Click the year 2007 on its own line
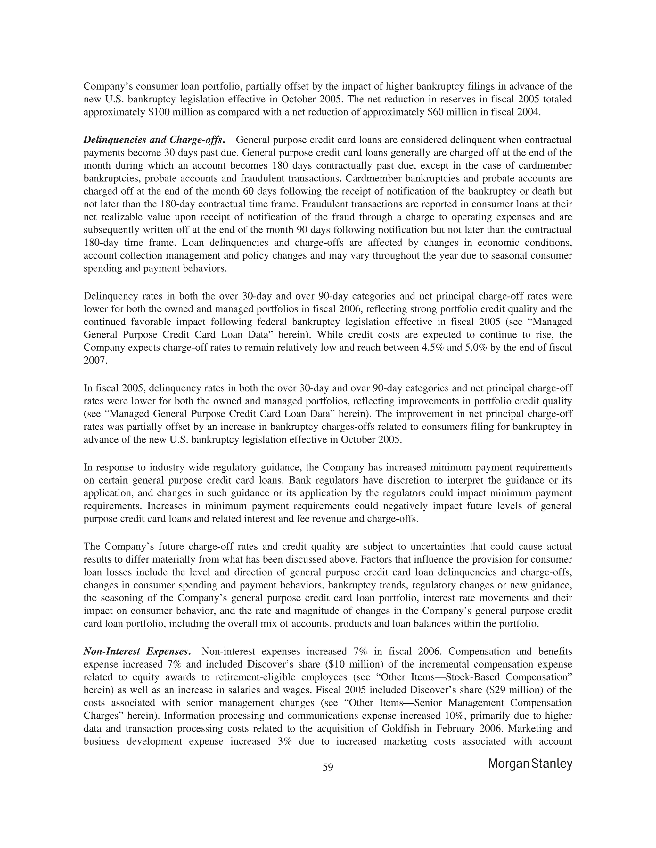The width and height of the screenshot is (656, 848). (95, 360)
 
